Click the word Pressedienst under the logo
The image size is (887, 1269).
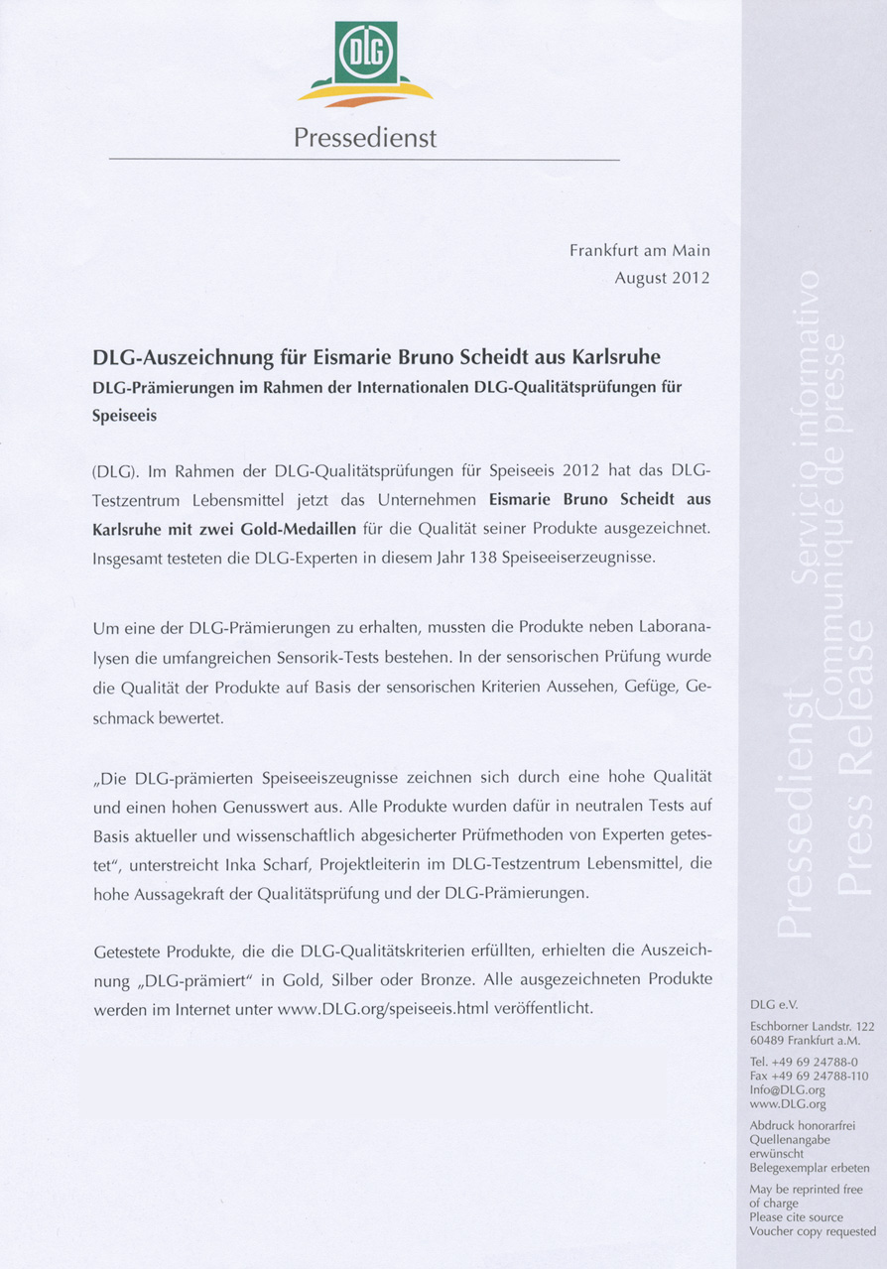click(365, 138)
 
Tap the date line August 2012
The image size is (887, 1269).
click(662, 279)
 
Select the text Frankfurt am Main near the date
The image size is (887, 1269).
click(639, 251)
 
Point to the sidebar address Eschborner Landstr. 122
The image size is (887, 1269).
click(812, 1025)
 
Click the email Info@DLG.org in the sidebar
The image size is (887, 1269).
click(788, 1088)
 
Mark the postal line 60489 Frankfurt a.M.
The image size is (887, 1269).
click(805, 1040)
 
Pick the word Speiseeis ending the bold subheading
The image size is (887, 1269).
click(124, 417)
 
